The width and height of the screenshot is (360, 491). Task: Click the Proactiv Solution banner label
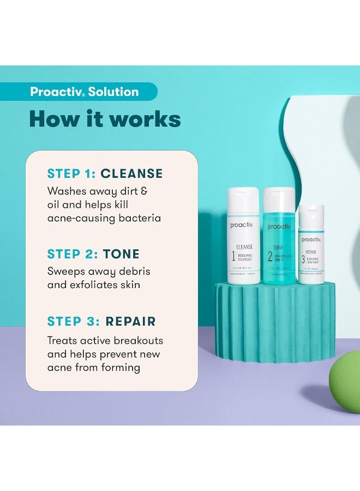85,92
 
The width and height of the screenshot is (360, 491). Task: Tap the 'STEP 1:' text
71,173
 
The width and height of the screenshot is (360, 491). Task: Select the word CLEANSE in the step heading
132,173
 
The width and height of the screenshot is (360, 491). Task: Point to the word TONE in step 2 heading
121,254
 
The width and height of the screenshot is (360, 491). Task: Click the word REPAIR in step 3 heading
131,321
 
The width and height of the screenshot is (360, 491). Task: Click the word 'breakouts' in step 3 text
137,340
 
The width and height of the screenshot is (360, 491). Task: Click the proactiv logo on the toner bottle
279,226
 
